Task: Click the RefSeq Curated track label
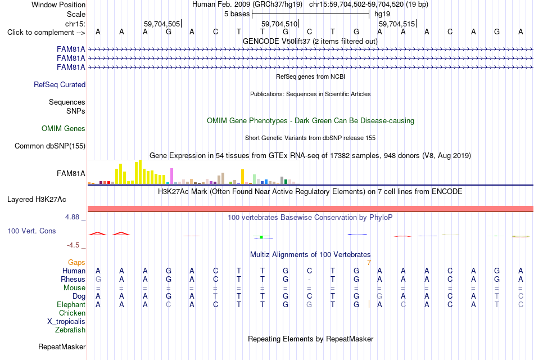(x=60, y=84)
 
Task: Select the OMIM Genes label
(x=64, y=128)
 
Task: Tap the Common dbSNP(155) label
(x=50, y=146)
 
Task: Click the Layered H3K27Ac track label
(x=37, y=200)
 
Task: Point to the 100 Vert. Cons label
(x=31, y=231)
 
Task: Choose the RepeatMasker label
(x=62, y=346)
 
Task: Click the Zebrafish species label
(x=70, y=330)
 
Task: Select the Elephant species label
(x=71, y=304)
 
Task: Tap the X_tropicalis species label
(x=66, y=322)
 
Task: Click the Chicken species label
(x=72, y=313)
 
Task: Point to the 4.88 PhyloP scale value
(x=72, y=217)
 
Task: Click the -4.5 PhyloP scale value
(x=73, y=245)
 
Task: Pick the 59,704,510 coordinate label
(x=279, y=24)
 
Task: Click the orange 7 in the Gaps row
(x=369, y=263)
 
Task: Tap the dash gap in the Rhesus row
(x=309, y=280)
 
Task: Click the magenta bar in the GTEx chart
(x=172, y=176)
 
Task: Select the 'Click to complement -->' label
(x=46, y=33)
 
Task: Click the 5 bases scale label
(x=237, y=14)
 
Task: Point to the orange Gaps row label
(x=76, y=263)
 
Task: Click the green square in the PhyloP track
(x=261, y=237)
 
